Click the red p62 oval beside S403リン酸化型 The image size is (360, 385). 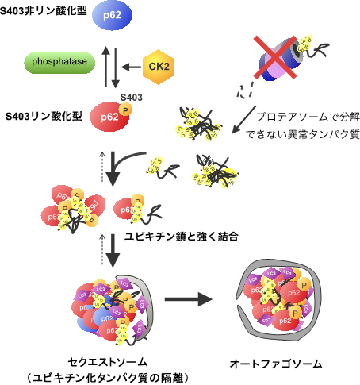110,117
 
